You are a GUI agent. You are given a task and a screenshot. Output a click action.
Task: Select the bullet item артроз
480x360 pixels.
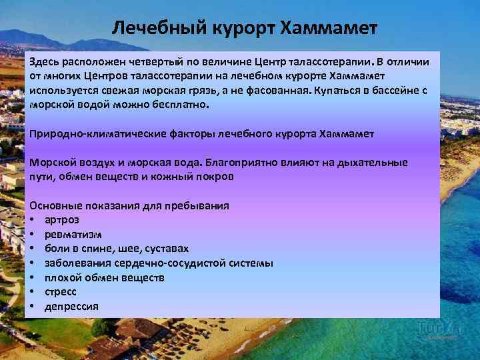click(62, 220)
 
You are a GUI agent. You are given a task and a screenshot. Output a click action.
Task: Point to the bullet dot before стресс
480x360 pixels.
click(32, 292)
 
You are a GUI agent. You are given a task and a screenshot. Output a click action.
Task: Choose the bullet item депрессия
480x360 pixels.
click(71, 307)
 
